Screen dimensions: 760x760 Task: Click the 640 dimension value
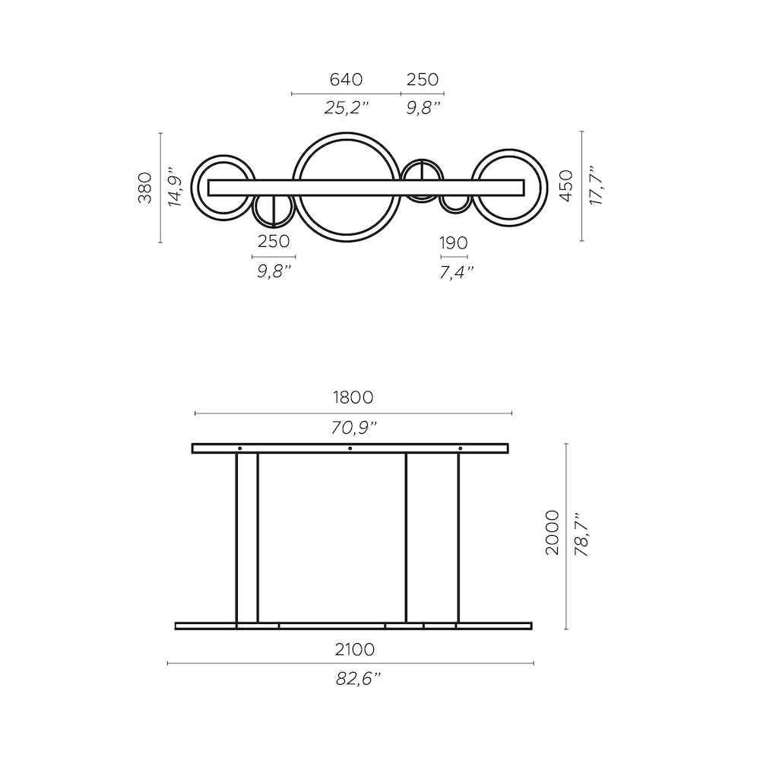(346, 79)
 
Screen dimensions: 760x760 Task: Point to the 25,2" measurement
(346, 108)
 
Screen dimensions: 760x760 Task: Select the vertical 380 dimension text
(145, 188)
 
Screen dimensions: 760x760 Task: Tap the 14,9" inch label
(176, 188)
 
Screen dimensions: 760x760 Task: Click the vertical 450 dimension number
(565, 186)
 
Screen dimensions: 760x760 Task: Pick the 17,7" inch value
(596, 186)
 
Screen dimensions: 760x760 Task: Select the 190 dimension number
(454, 243)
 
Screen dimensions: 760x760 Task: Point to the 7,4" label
(456, 271)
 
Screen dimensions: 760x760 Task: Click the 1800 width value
(353, 397)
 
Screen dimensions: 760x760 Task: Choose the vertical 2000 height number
(553, 533)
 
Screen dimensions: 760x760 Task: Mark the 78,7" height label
(583, 534)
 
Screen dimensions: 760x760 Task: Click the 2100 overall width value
(354, 650)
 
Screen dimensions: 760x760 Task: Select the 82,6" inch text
(358, 679)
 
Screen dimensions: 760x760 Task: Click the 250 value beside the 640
(423, 79)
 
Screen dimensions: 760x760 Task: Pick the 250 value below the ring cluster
(274, 242)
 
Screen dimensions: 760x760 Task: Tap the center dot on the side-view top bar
(350, 448)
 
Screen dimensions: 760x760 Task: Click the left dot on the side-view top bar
(239, 448)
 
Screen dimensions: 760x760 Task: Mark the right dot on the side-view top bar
(460, 448)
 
